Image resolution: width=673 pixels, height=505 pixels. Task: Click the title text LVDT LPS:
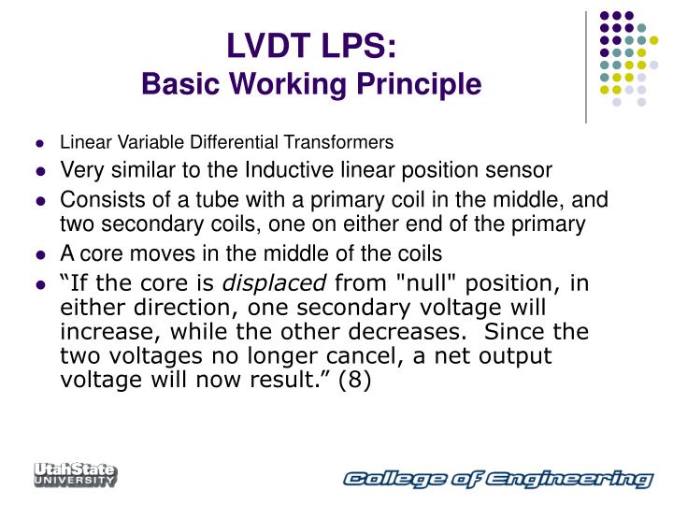pos(310,47)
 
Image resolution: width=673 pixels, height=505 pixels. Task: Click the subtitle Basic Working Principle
pos(310,85)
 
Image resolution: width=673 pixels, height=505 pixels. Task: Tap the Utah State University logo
pos(76,474)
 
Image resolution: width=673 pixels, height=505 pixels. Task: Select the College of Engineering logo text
pos(496,480)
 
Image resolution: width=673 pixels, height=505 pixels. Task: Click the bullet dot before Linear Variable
pos(41,144)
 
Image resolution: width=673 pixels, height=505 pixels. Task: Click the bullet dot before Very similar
pos(41,172)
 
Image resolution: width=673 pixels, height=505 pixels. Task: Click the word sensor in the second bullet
pos(527,170)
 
